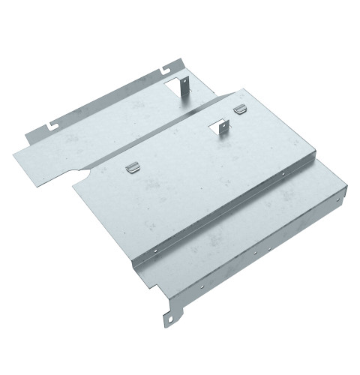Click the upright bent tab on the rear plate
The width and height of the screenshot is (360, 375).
click(x=183, y=85)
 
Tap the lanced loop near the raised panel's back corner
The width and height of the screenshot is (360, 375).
click(x=239, y=110)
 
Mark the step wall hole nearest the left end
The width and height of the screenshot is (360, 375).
click(x=154, y=250)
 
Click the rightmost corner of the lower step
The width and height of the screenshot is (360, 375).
click(x=349, y=185)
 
